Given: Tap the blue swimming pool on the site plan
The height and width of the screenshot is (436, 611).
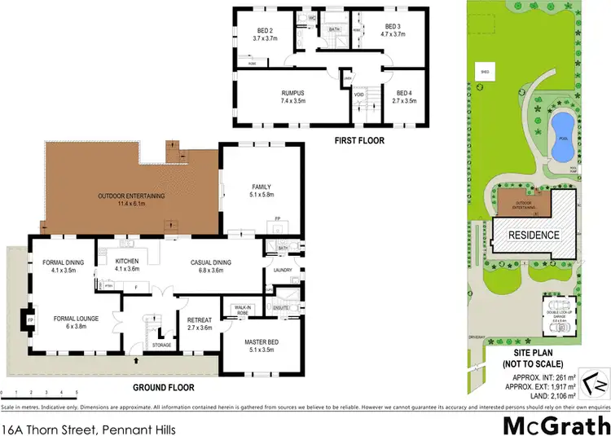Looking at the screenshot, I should click(560, 137).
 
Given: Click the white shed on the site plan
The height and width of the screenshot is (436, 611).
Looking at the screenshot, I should click(485, 71).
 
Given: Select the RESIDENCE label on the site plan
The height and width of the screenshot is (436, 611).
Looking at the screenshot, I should click(534, 236).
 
